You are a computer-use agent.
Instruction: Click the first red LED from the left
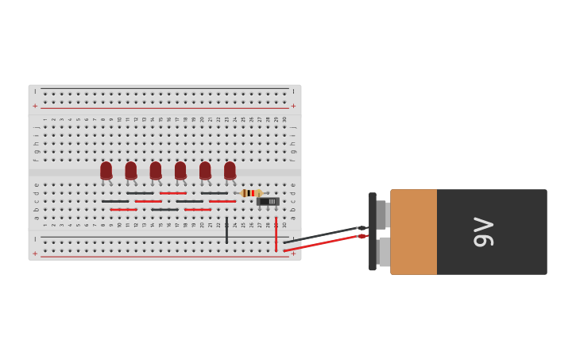(106, 170)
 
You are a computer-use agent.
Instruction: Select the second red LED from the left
(130, 170)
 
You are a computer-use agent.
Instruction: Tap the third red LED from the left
(155, 170)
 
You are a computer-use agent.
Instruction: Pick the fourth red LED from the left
(180, 170)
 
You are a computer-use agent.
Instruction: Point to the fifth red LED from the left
(205, 170)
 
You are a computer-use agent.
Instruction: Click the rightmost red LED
(230, 170)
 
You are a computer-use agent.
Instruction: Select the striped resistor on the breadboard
(251, 193)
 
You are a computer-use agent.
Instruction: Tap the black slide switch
(269, 202)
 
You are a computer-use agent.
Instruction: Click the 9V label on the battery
(483, 231)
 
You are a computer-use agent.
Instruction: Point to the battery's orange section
(413, 232)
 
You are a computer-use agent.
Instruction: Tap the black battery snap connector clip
(372, 231)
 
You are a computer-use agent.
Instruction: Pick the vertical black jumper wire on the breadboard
(226, 230)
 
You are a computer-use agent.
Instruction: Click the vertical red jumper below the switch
(276, 234)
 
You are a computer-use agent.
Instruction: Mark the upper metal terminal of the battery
(381, 215)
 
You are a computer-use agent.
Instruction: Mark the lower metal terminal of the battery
(384, 252)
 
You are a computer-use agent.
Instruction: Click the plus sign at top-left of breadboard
(35, 106)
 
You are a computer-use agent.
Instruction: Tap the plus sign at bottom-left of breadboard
(35, 254)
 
